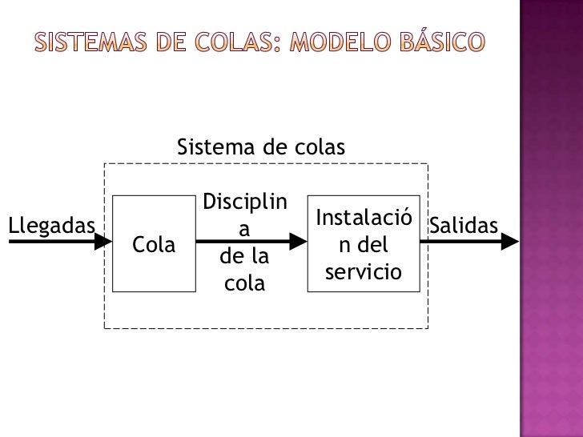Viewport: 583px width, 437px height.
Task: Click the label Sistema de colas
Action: click(x=260, y=148)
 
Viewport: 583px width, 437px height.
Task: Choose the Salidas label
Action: click(x=464, y=226)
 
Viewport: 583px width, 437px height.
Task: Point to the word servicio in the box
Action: click(x=363, y=272)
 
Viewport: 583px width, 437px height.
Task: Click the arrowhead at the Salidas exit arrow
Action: click(x=511, y=240)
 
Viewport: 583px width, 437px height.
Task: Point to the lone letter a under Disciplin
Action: click(x=245, y=229)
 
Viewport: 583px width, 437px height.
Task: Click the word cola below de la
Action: click(x=245, y=283)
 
